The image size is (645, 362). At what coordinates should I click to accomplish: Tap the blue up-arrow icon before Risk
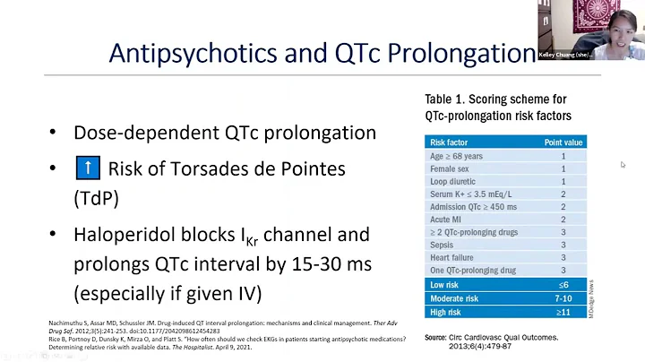88,168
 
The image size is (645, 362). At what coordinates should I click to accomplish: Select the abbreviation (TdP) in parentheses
97,198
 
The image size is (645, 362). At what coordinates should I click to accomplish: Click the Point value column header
563,142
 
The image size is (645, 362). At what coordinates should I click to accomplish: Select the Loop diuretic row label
454,181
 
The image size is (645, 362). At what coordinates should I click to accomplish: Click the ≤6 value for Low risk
563,284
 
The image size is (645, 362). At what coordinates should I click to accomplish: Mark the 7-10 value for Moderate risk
563,297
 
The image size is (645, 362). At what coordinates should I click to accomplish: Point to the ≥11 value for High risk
563,311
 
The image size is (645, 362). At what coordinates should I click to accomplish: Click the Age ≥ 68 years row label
457,156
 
